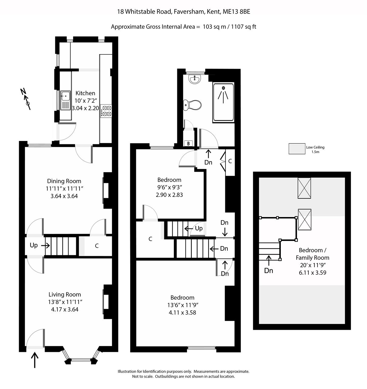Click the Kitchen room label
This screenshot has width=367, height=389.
[x=85, y=93]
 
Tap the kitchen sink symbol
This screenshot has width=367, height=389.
[x=65, y=100]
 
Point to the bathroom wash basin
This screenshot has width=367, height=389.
[x=194, y=79]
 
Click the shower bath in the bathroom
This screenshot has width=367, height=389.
[x=224, y=102]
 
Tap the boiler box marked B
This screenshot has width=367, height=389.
[x=188, y=143]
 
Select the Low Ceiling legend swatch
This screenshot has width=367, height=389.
[x=297, y=149]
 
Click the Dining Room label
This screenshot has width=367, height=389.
[x=64, y=181]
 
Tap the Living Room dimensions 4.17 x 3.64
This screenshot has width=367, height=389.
[x=65, y=310]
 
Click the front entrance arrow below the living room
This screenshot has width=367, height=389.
[x=35, y=360]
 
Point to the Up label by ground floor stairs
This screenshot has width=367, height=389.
[x=34, y=245]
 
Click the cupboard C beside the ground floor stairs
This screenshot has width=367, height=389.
[x=97, y=246]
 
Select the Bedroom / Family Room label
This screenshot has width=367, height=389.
[x=312, y=254]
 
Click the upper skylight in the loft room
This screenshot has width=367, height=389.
[x=304, y=188]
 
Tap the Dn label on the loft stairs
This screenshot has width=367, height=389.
[x=269, y=270]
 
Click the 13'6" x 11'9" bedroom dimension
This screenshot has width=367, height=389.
[x=182, y=305]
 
